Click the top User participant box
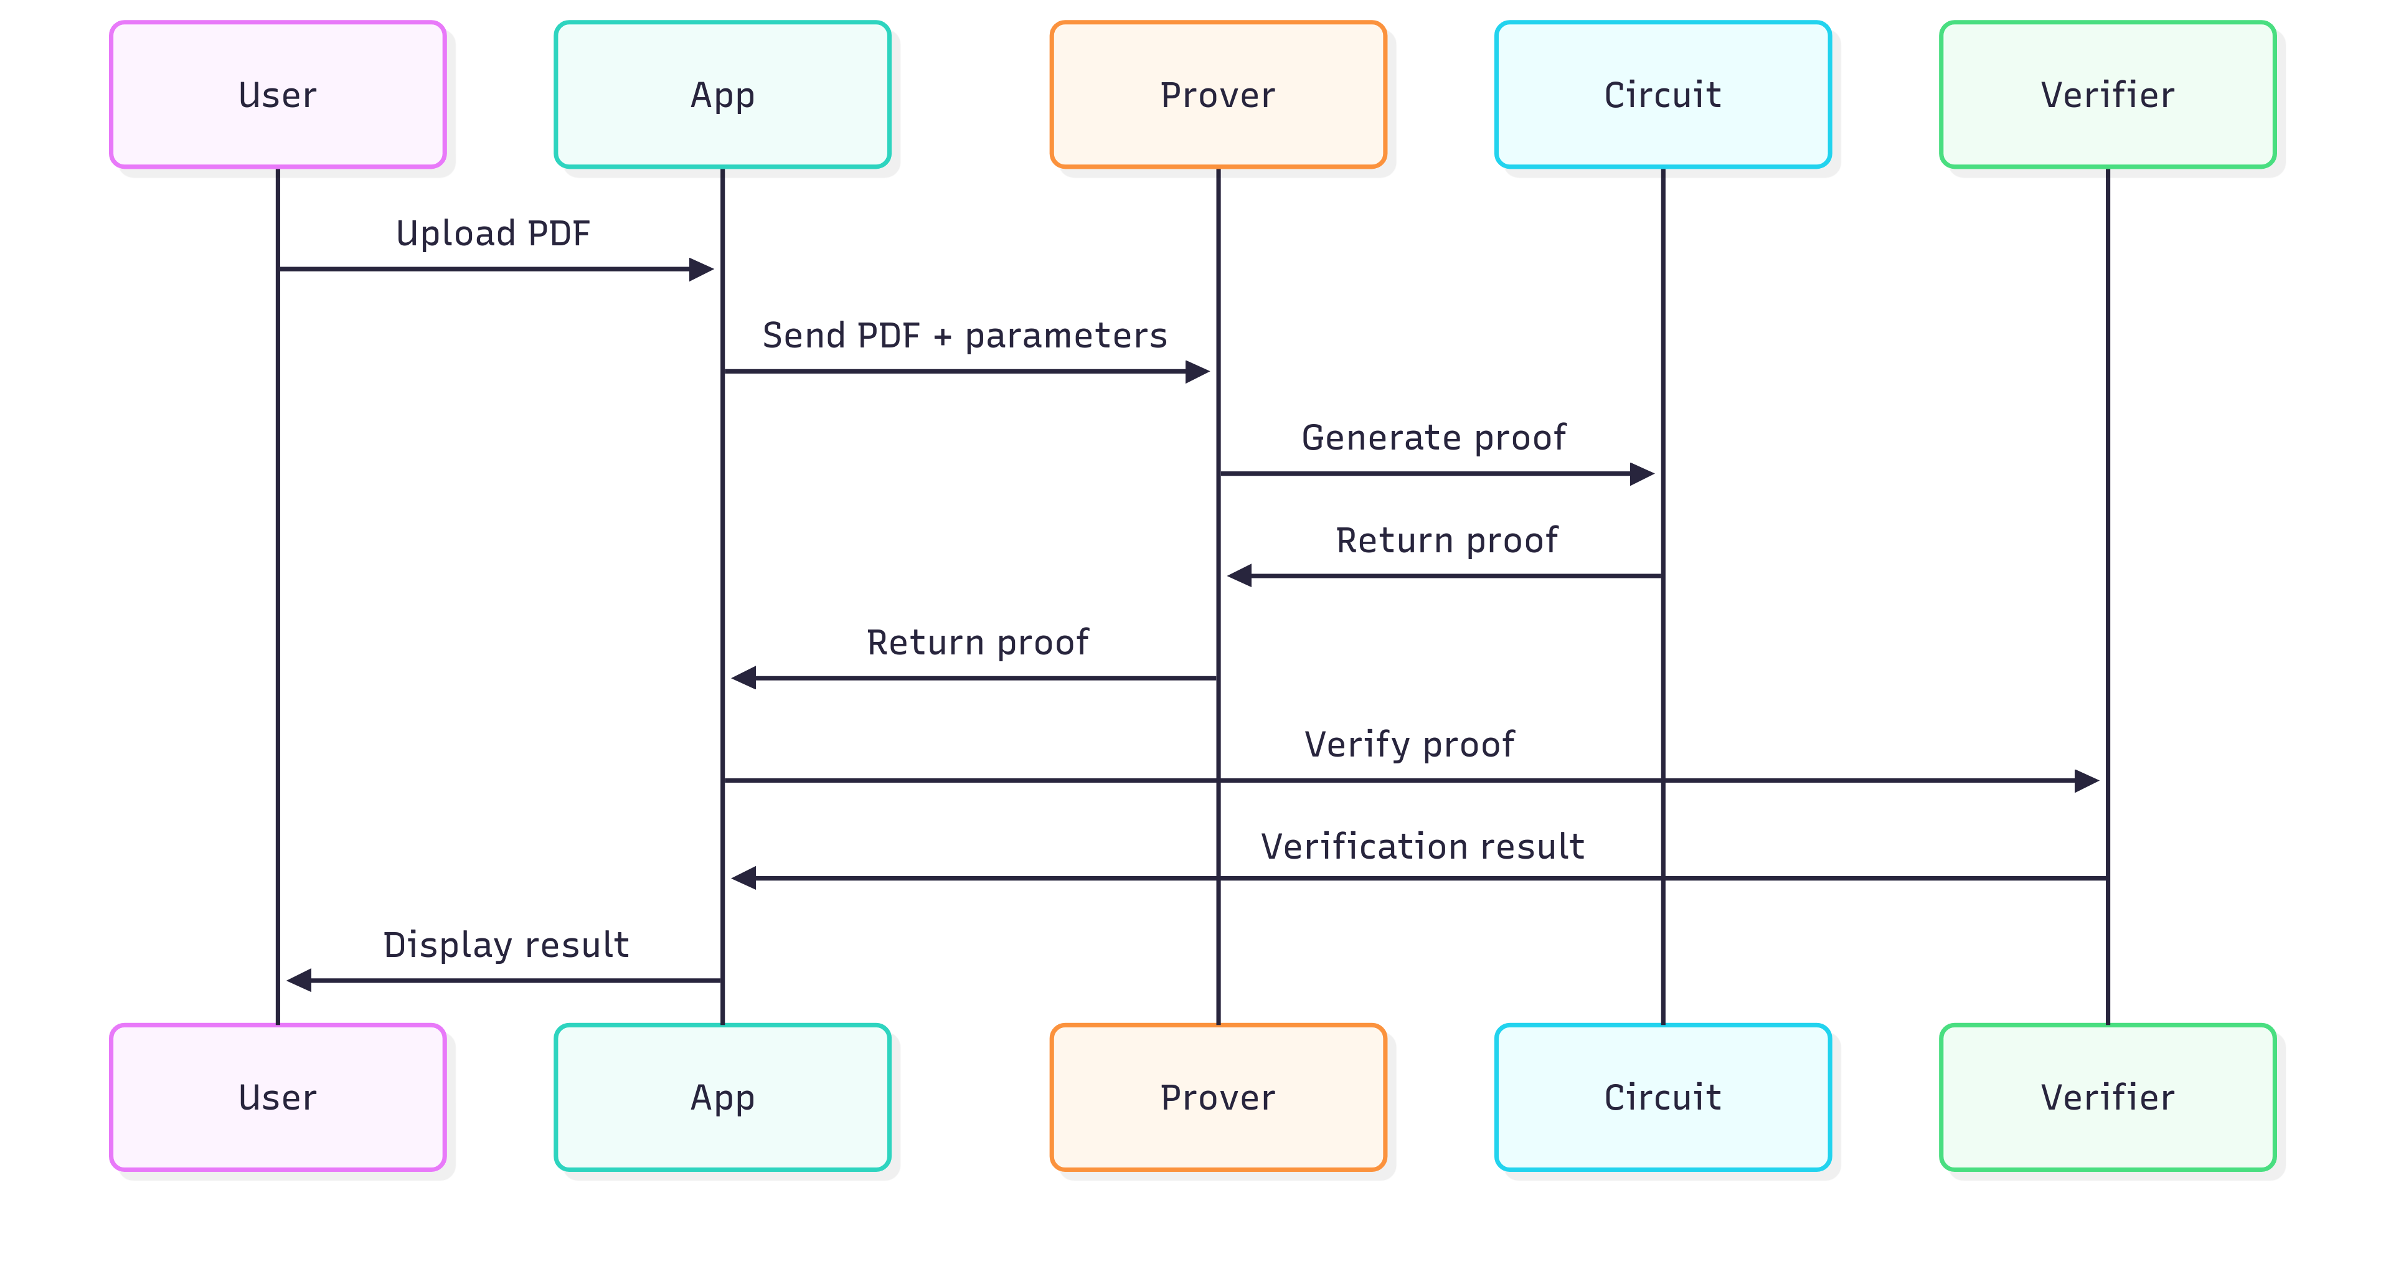pos(278,95)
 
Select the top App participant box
pos(722,95)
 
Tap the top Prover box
pos(1218,95)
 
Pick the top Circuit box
pos(1662,95)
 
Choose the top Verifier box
pos(2107,95)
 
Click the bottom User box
pos(278,1097)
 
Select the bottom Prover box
pos(1218,1097)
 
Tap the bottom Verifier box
pos(2107,1097)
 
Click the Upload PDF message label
pos(493,233)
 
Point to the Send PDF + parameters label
pos(964,335)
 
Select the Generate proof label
pos(1433,437)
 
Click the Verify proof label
pos(1409,744)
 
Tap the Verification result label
pos(1422,846)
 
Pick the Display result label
pos(506,945)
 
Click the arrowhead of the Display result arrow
pos(299,980)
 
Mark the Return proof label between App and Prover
pos(978,642)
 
